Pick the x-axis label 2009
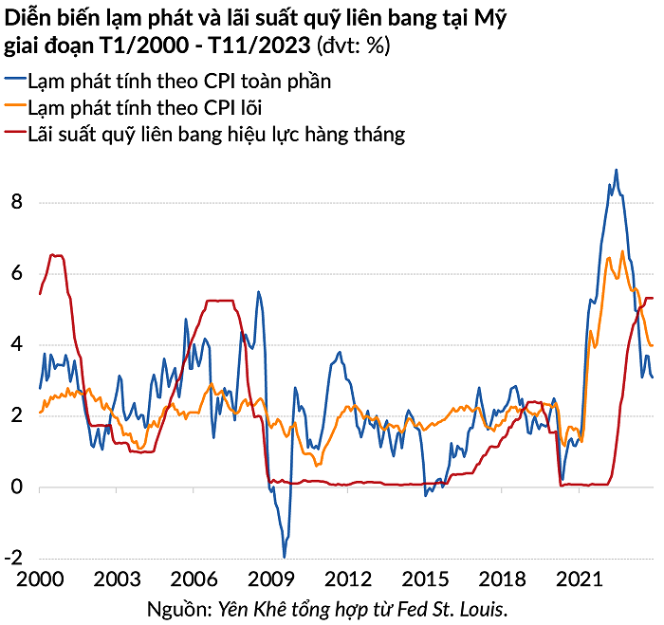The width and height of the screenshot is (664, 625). pyautogui.click(x=274, y=579)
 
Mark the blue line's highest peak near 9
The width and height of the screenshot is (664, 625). pyautogui.click(x=617, y=171)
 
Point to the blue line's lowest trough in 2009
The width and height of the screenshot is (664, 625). pyautogui.click(x=285, y=556)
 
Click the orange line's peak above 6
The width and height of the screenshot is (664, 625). pyautogui.click(x=622, y=251)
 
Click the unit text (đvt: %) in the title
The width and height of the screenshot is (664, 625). pyautogui.click(x=354, y=45)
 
